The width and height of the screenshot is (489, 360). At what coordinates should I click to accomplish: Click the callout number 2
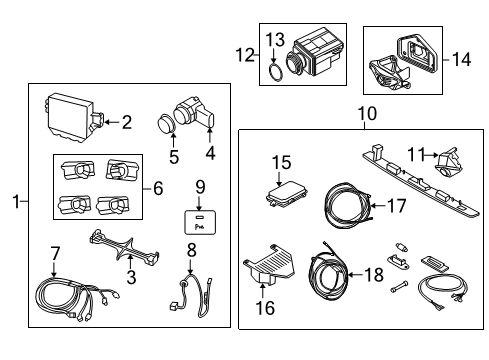click(126, 122)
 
